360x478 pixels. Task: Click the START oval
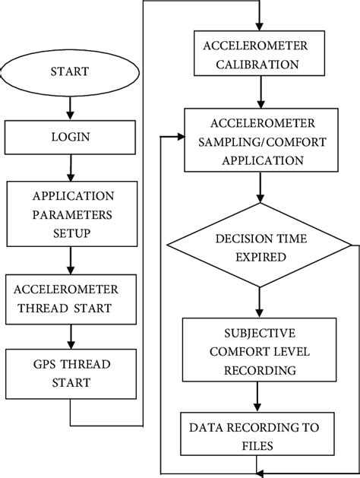pos(70,72)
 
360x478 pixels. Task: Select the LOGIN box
pos(70,138)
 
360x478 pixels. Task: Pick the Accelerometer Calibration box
pos(261,53)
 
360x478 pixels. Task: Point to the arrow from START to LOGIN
pos(70,109)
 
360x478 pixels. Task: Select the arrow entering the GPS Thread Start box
pos(70,336)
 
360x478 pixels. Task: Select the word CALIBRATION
pos(261,64)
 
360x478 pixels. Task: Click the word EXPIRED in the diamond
pos(261,257)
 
